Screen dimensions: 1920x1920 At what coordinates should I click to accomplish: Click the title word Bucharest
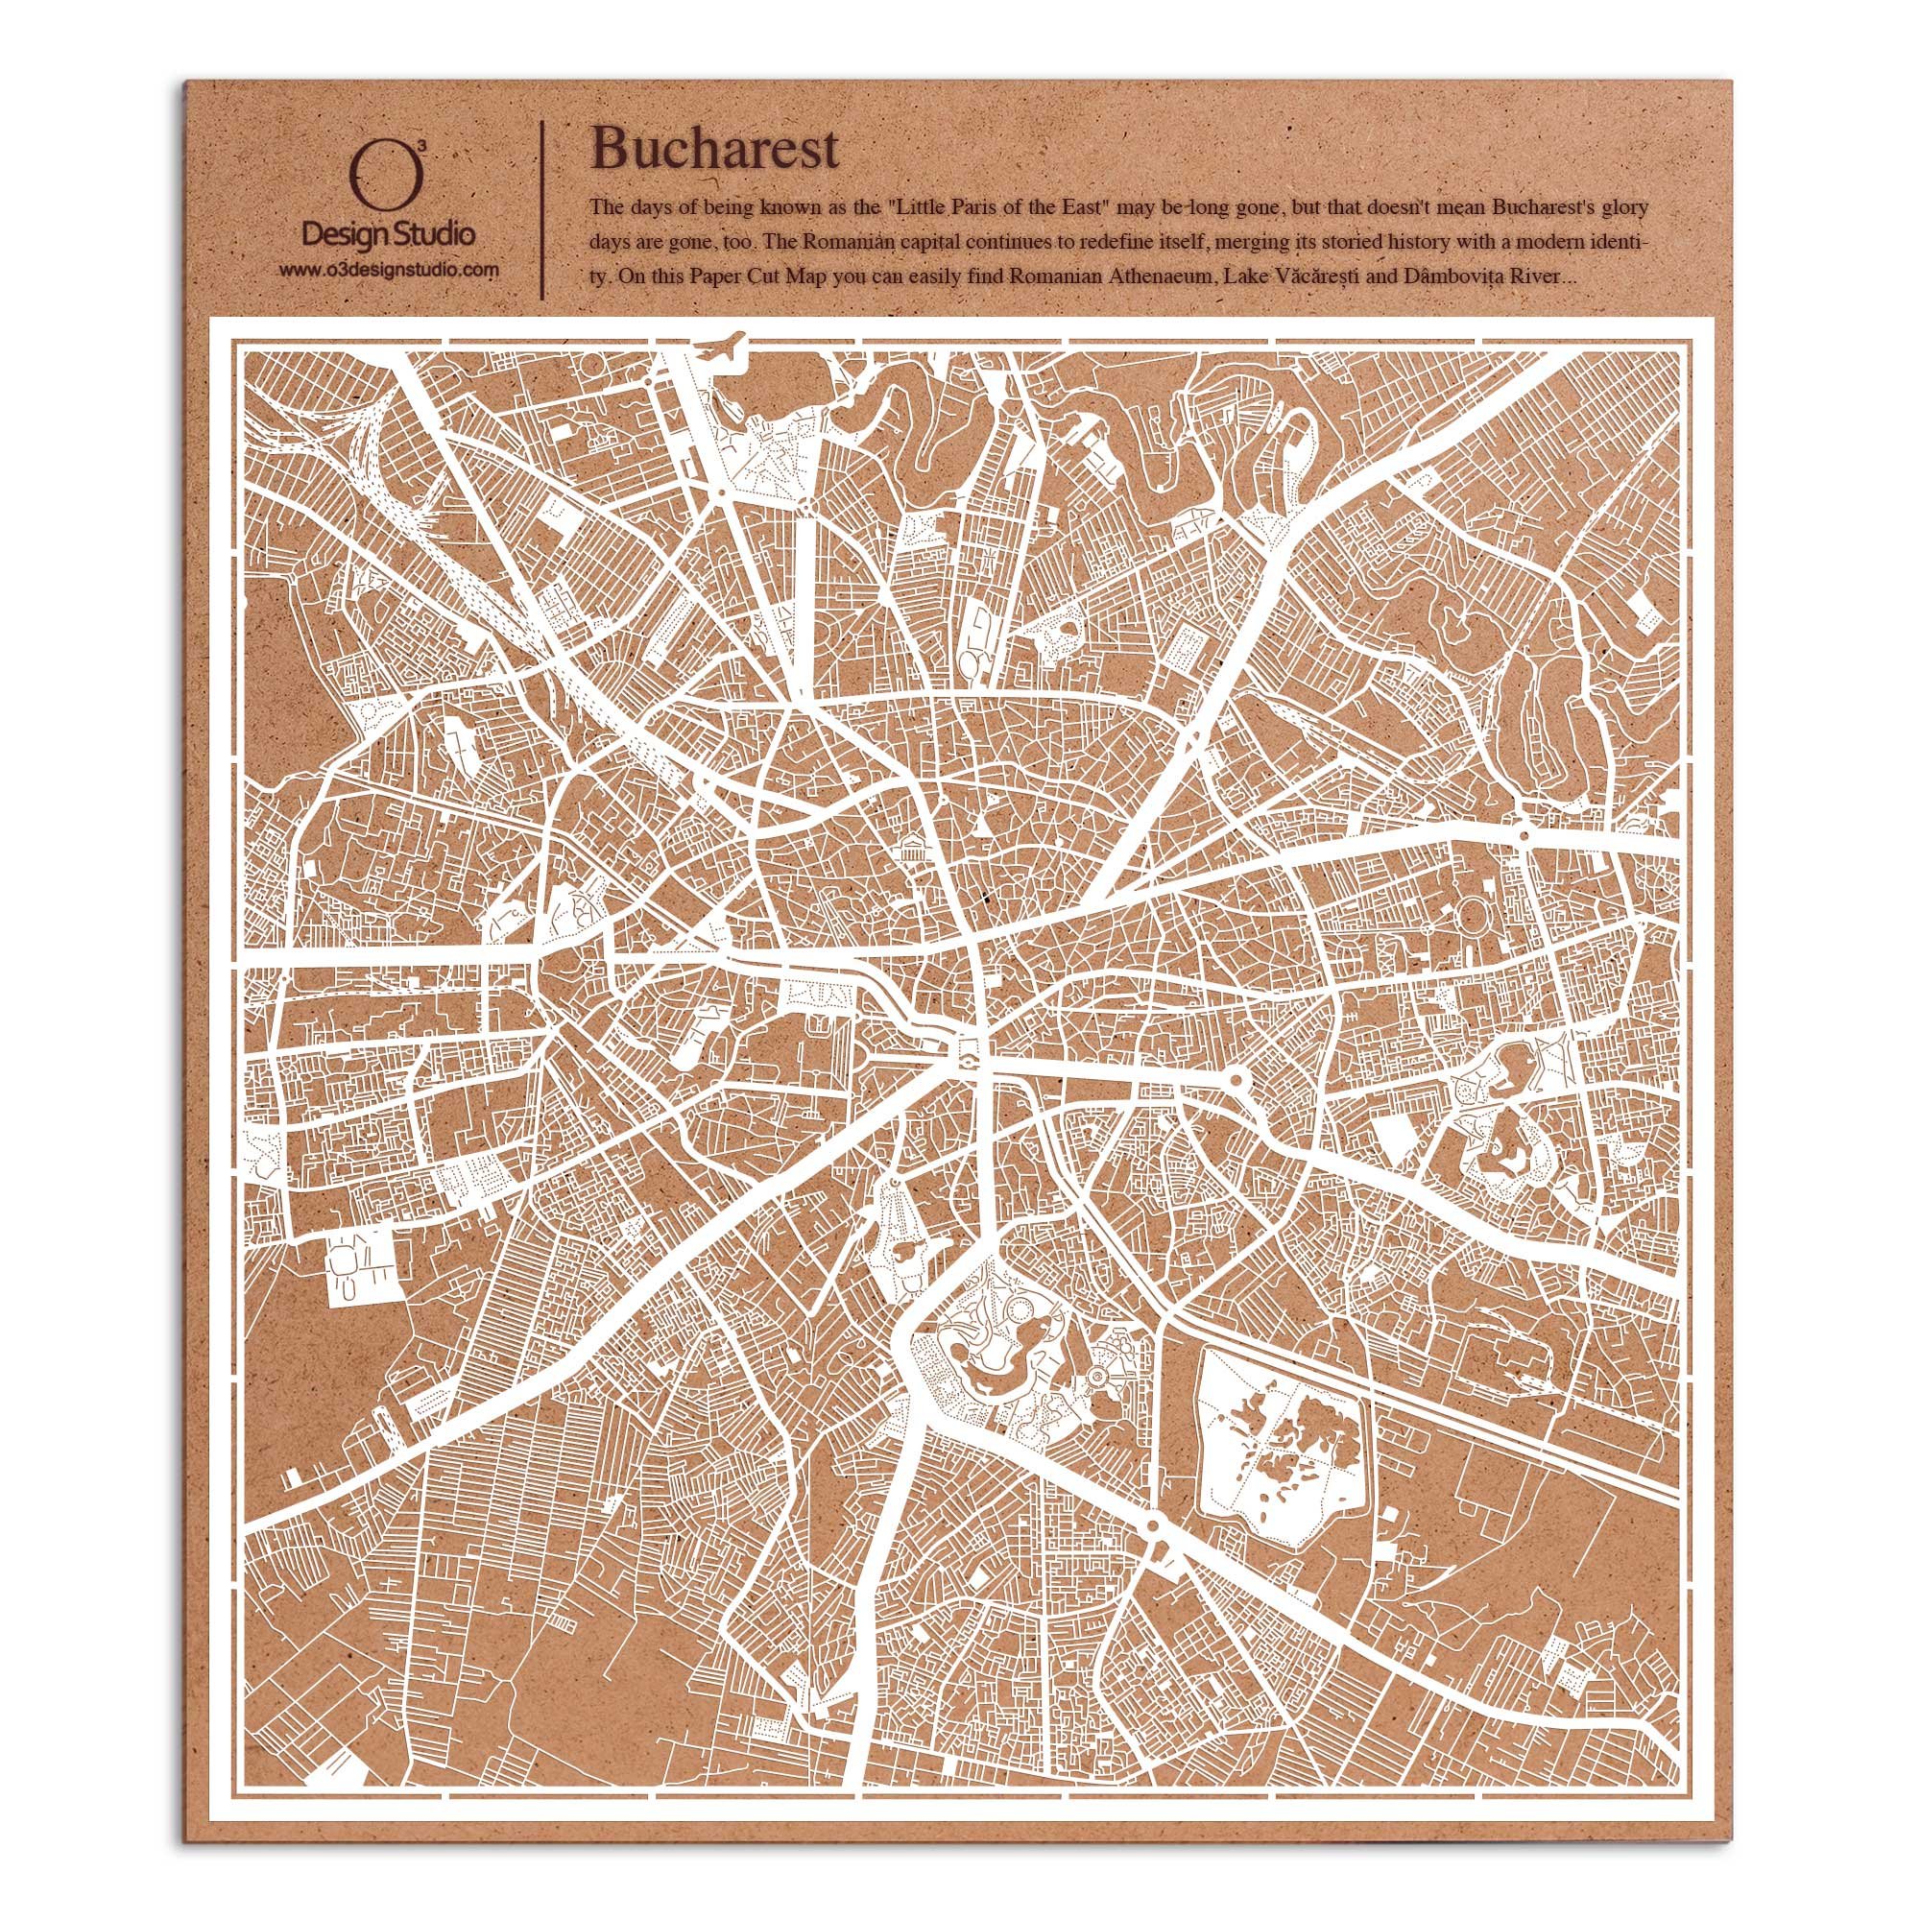coord(714,149)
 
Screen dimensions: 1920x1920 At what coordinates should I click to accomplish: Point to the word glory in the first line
coord(1627,207)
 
